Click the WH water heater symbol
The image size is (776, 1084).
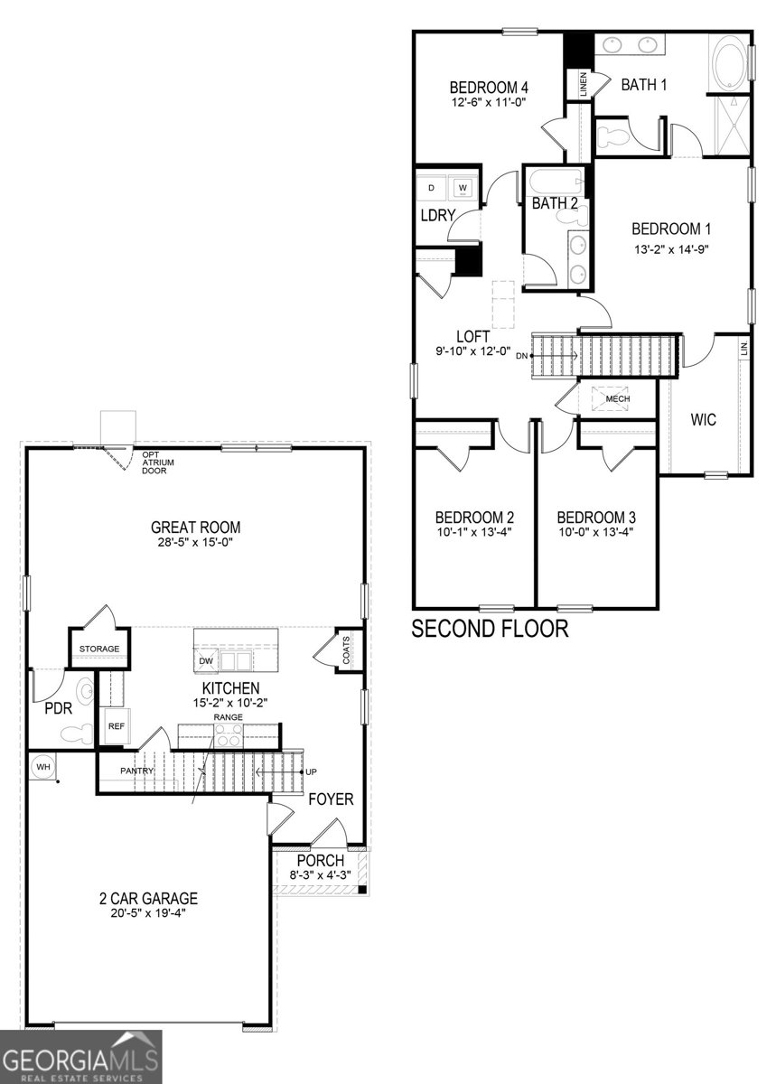tap(42, 767)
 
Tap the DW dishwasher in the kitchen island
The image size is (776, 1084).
tap(205, 660)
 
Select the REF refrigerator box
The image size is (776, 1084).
tap(116, 725)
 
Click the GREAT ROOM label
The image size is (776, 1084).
tap(195, 528)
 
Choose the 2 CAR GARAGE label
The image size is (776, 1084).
tap(148, 899)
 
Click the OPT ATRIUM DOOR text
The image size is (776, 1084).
tap(157, 463)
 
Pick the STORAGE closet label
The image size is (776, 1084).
tap(99, 649)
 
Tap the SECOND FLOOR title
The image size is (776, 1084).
tap(490, 629)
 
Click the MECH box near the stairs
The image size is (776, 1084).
tap(617, 398)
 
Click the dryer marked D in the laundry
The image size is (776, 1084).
tap(432, 188)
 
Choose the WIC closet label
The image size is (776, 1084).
tap(703, 420)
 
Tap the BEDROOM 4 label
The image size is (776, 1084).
tap(489, 88)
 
